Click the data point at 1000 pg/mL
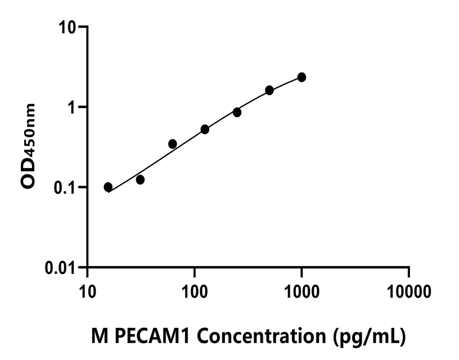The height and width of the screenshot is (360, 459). (301, 77)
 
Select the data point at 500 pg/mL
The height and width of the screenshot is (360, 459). (269, 90)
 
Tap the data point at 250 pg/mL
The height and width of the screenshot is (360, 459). (237, 112)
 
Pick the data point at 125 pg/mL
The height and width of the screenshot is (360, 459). (205, 129)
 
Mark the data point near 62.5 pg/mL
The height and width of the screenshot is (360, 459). (173, 144)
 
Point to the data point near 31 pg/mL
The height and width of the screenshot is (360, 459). (140, 179)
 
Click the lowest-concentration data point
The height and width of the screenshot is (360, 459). (108, 187)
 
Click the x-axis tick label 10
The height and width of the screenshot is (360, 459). (87, 292)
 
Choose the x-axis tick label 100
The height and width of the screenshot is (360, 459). (194, 292)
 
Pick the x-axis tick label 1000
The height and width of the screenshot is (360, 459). (301, 292)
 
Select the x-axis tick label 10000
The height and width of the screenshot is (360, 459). (409, 292)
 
